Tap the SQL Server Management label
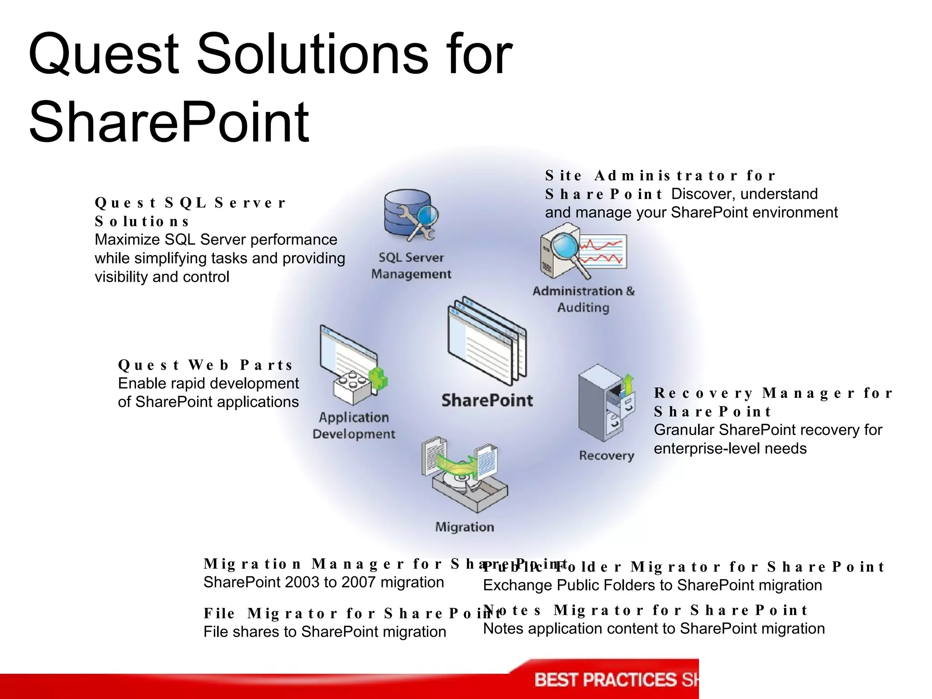411,266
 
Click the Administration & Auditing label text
583,299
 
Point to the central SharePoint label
487,400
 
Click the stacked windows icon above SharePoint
486,341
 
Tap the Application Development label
354,425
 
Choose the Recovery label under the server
607,456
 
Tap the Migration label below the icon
465,527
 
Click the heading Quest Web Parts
205,365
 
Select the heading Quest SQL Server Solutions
190,212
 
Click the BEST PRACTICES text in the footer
605,680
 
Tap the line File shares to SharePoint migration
324,632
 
